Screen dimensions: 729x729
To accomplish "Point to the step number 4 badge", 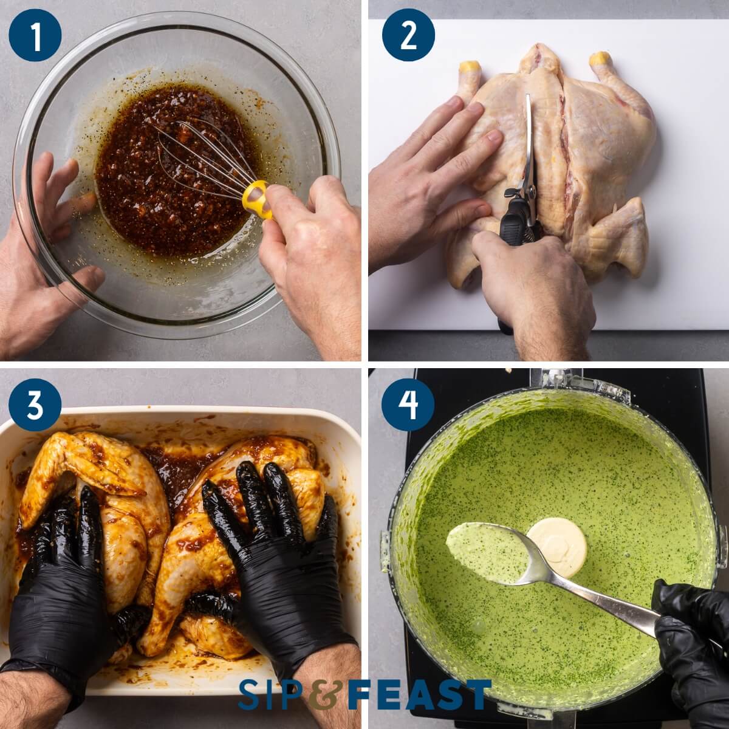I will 408,404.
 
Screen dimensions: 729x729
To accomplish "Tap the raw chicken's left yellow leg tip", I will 470,67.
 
